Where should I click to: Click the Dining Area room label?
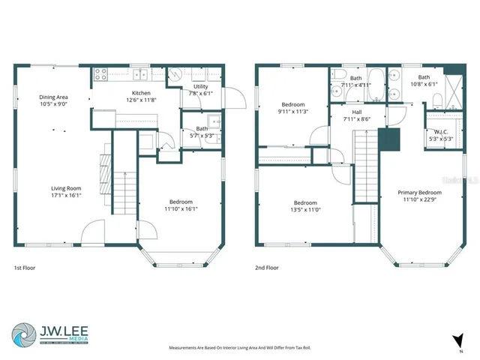coord(54,97)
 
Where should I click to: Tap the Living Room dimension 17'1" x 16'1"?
coord(65,196)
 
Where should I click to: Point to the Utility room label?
coord(200,87)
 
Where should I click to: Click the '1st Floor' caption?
coord(24,268)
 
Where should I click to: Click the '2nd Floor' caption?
coord(266,268)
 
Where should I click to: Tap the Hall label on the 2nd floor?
coord(358,111)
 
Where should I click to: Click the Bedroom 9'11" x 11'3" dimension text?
coord(293,112)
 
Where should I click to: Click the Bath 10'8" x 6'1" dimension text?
coord(424,84)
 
